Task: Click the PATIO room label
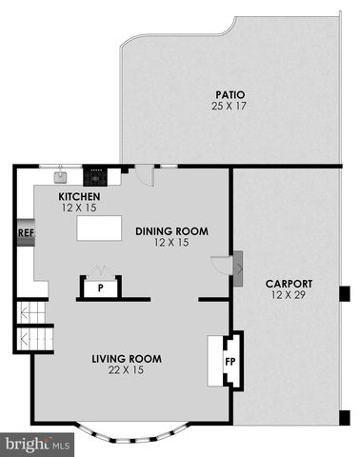pyautogui.click(x=230, y=95)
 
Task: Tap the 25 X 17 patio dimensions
pyautogui.click(x=229, y=106)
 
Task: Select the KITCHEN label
pyautogui.click(x=79, y=197)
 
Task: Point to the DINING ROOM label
pyautogui.click(x=172, y=231)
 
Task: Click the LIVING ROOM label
pyautogui.click(x=127, y=359)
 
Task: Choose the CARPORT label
pyautogui.click(x=289, y=284)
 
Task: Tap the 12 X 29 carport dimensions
pyautogui.click(x=289, y=295)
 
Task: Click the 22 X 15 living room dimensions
pyautogui.click(x=126, y=370)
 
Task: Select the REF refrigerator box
pyautogui.click(x=26, y=232)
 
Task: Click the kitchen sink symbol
pyautogui.click(x=60, y=177)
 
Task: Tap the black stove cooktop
pyautogui.click(x=95, y=177)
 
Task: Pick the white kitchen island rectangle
pyautogui.click(x=99, y=228)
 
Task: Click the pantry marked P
pyautogui.click(x=101, y=288)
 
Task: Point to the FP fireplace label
pyautogui.click(x=230, y=362)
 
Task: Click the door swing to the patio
pyautogui.click(x=145, y=175)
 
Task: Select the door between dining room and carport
pyautogui.click(x=221, y=264)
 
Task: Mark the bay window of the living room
pyautogui.click(x=132, y=432)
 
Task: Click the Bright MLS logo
pyautogui.click(x=37, y=445)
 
